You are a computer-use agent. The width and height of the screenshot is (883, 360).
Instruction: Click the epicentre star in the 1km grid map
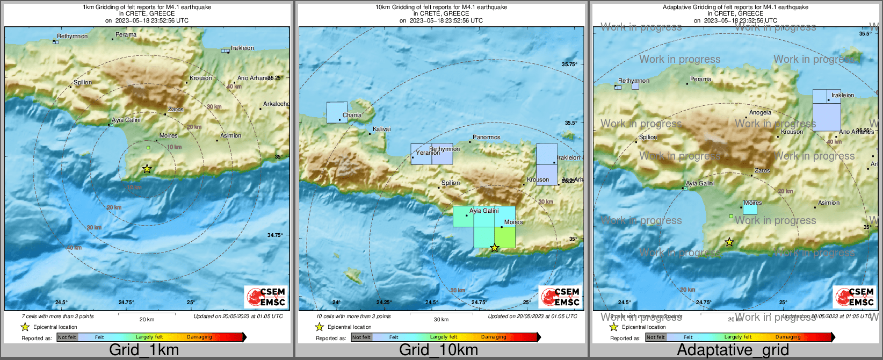[147, 169]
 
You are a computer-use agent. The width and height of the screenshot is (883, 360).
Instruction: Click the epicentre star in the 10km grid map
[495, 248]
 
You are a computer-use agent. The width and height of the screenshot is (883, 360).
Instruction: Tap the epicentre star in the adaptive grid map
[729, 242]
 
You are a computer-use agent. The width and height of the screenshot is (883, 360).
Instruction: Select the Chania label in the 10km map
[352, 115]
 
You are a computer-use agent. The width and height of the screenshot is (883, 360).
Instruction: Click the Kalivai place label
[381, 129]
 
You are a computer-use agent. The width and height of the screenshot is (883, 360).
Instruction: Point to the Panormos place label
[486, 137]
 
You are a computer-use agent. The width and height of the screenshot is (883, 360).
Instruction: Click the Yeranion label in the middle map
[428, 153]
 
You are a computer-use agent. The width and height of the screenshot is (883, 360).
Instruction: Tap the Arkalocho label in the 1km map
[276, 104]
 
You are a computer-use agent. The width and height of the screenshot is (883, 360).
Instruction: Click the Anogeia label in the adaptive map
[760, 112]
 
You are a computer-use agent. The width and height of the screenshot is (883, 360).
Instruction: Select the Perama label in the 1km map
[126, 34]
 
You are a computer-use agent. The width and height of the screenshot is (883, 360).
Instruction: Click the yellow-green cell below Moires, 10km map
[505, 238]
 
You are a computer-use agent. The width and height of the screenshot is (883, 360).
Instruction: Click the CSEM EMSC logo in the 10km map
[560, 297]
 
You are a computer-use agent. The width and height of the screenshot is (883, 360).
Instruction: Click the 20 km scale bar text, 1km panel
[147, 319]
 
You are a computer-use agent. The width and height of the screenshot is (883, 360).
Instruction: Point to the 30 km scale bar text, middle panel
[441, 319]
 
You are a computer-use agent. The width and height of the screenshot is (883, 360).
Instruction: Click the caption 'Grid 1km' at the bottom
[143, 350]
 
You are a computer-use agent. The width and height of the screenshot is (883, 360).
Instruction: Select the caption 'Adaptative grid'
[733, 350]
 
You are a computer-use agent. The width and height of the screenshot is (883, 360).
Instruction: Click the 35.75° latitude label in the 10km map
[569, 64]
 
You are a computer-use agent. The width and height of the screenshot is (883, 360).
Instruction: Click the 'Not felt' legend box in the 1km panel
[67, 337]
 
